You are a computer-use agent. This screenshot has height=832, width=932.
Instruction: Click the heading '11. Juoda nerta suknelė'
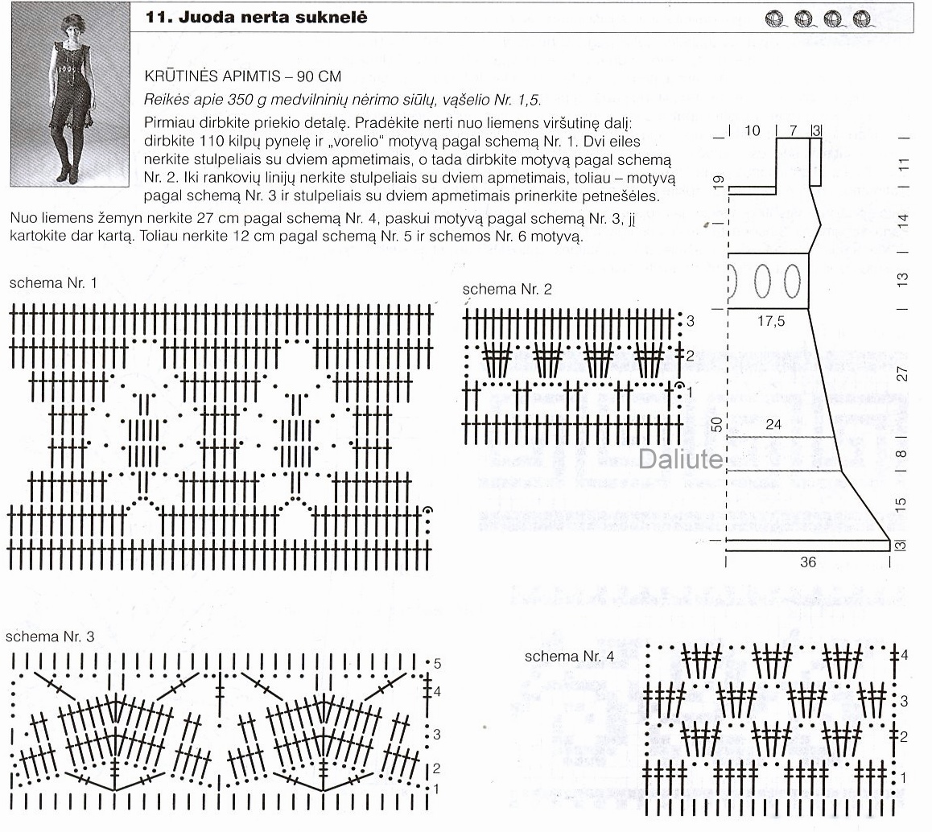(x=256, y=17)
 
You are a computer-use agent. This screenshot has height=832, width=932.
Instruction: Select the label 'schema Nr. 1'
(x=53, y=283)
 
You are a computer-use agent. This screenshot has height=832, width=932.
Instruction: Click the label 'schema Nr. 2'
(x=507, y=290)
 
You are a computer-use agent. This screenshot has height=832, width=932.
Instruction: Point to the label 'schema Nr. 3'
(x=50, y=636)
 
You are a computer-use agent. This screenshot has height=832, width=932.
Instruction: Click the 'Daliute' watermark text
(x=681, y=459)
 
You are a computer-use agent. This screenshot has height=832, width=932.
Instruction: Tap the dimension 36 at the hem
(x=808, y=562)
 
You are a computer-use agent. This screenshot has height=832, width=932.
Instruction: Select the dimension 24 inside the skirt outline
(x=773, y=424)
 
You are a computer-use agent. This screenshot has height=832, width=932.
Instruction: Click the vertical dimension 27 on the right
(x=903, y=374)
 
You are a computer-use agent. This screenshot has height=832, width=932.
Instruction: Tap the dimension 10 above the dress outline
(x=753, y=130)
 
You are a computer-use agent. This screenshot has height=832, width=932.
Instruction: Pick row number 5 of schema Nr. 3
(x=438, y=664)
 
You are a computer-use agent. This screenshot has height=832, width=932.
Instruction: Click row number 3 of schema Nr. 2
(x=691, y=322)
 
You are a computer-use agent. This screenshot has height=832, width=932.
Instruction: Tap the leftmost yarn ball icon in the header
(x=776, y=17)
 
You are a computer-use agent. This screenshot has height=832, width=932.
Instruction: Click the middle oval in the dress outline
(x=763, y=281)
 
